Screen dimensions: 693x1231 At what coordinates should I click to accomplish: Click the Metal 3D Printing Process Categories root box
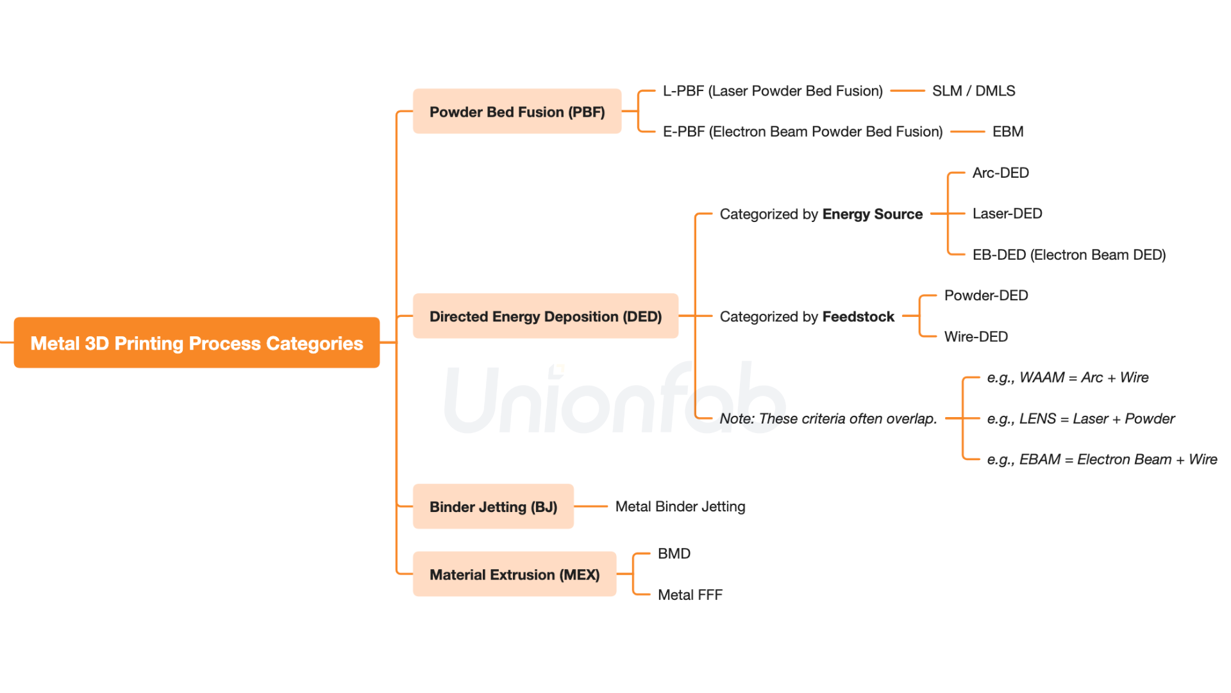pyautogui.click(x=197, y=343)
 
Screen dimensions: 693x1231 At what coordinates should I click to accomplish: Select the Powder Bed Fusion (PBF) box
pyautogui.click(x=517, y=112)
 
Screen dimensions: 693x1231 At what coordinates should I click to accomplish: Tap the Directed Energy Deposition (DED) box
pyautogui.click(x=545, y=316)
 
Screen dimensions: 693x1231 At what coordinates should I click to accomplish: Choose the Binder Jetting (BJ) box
pyautogui.click(x=493, y=507)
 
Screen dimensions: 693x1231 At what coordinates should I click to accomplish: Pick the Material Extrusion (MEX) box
pyautogui.click(x=514, y=574)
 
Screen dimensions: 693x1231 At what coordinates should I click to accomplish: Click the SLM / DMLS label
pyautogui.click(x=973, y=91)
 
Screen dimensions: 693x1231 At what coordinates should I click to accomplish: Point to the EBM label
pyautogui.click(x=1008, y=132)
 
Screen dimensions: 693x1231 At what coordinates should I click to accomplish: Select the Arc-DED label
pyautogui.click(x=1000, y=173)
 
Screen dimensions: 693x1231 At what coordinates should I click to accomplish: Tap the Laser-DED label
pyautogui.click(x=1007, y=214)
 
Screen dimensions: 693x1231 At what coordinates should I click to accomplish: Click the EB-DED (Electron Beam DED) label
pyautogui.click(x=1069, y=255)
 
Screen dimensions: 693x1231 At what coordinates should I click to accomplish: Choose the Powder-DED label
pyautogui.click(x=986, y=295)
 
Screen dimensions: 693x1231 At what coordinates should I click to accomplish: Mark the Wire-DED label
pyautogui.click(x=976, y=336)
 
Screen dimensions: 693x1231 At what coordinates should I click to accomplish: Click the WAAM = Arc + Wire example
pyautogui.click(x=1068, y=377)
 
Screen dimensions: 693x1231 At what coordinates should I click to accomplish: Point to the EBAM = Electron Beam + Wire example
pyautogui.click(x=1101, y=459)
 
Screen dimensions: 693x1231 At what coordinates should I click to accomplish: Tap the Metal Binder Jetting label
pyautogui.click(x=680, y=507)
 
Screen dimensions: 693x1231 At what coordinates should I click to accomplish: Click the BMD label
pyautogui.click(x=674, y=554)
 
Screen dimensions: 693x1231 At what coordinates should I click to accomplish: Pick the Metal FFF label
pyautogui.click(x=690, y=595)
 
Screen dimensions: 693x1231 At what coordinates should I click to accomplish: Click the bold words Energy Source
pyautogui.click(x=872, y=214)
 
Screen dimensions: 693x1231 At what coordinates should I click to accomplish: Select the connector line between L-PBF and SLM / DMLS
pyautogui.click(x=907, y=91)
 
